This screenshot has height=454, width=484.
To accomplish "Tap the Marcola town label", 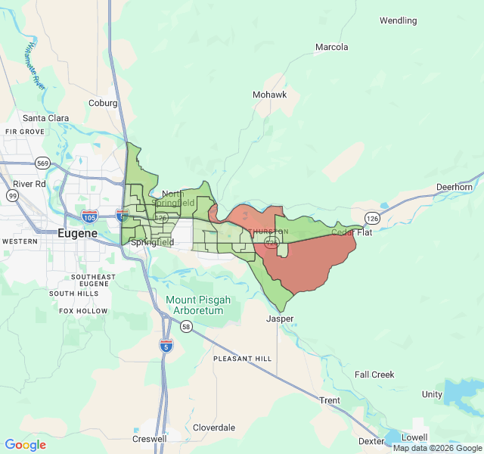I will point(331,47).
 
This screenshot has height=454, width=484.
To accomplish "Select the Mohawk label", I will point(269,95).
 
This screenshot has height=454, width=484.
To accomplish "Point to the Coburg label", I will point(103,103).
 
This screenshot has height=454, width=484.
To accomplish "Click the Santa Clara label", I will point(45,118).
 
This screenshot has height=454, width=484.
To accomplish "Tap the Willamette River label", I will point(34,67).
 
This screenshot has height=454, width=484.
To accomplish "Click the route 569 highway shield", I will point(42,163).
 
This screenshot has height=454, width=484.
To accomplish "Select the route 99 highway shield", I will point(13,196).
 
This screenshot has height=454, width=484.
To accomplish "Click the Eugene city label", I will point(77,234).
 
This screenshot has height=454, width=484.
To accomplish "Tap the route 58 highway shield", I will point(186,326).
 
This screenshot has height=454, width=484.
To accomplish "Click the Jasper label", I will point(279,319).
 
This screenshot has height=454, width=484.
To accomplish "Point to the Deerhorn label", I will point(454,187).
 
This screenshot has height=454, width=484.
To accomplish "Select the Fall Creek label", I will point(374,375).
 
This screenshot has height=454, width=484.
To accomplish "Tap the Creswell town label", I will point(149,439).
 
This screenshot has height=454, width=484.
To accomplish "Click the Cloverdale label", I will point(214,428).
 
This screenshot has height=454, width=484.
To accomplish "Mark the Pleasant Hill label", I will point(242,358).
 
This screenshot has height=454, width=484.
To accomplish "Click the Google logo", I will point(26,445).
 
